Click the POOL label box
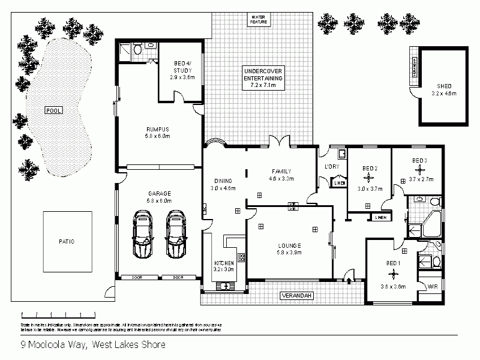(53, 110)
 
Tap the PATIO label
(67, 241)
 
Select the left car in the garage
(142, 234)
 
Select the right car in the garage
(176, 234)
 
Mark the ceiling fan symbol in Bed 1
(394, 273)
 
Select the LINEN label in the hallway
(380, 218)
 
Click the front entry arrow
(350, 278)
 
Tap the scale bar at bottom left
(58, 314)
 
